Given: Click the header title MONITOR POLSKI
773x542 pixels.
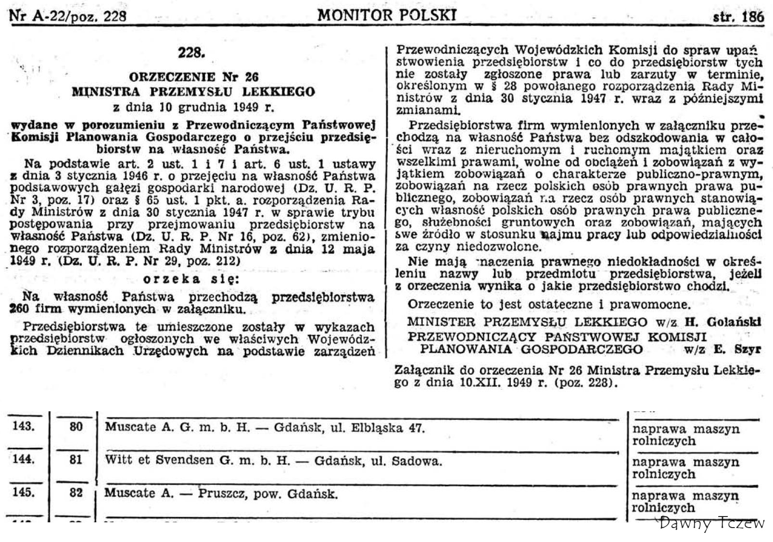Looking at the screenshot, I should coord(386,15).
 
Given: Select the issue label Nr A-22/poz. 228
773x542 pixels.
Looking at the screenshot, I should coord(68,16).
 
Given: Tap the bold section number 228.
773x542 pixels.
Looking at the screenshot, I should coord(191,52).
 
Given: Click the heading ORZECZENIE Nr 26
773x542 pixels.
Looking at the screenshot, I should coord(193,77).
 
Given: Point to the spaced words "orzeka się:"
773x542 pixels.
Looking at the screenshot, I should coord(191,279).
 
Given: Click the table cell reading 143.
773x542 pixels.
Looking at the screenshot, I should coord(23,426).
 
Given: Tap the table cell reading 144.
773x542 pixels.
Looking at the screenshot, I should coord(23,459).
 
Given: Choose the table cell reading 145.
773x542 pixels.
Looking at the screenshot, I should coord(23,493).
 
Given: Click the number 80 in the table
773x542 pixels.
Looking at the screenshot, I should coord(76,426).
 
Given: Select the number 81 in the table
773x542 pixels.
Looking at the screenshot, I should coord(76,459).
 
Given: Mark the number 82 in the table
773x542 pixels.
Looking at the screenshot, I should coord(76,493).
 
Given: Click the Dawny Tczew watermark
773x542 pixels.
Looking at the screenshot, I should coord(712,523).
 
